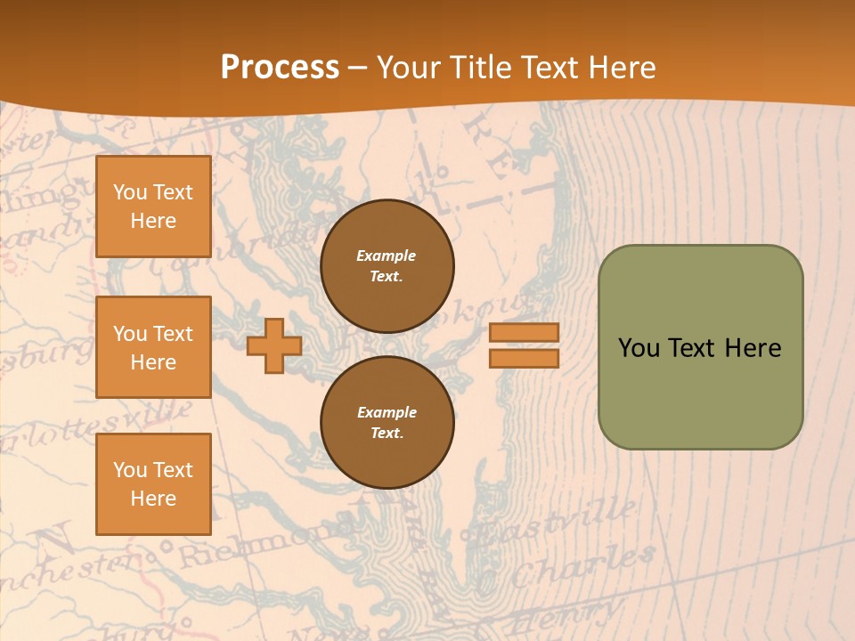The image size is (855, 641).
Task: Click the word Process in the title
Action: pos(280,67)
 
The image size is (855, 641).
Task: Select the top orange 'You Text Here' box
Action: pos(153,207)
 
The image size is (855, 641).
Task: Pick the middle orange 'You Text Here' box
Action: pos(153,347)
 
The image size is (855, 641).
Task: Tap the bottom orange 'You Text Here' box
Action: pos(153,483)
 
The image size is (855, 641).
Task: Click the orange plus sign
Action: pos(274,346)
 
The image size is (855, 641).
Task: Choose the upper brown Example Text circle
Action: pos(387,266)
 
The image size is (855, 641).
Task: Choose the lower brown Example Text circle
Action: pos(387,422)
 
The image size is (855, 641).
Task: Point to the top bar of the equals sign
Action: pos(525,333)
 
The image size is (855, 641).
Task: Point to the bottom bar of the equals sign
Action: pos(525,359)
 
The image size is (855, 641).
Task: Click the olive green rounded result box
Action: pos(700,347)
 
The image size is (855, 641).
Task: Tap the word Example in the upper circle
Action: pos(386,256)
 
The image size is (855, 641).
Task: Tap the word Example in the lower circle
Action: pos(387,412)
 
